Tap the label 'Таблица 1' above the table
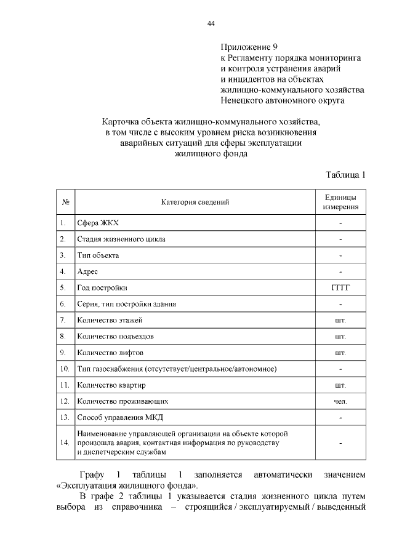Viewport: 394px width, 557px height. (346, 175)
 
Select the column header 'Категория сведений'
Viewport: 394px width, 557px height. (195, 202)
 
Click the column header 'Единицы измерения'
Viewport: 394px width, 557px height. (340, 202)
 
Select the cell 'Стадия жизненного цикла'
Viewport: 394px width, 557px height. (121, 239)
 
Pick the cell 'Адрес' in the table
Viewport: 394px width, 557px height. (87, 271)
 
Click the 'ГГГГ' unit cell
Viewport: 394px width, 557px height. (340, 287)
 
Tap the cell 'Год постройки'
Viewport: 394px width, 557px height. (102, 287)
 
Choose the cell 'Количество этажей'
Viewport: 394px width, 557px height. (110, 320)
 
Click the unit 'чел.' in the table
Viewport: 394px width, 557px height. (340, 401)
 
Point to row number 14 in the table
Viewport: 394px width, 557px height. (65, 443)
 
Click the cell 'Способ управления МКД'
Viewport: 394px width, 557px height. (119, 417)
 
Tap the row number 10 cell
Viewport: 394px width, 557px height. (65, 369)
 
